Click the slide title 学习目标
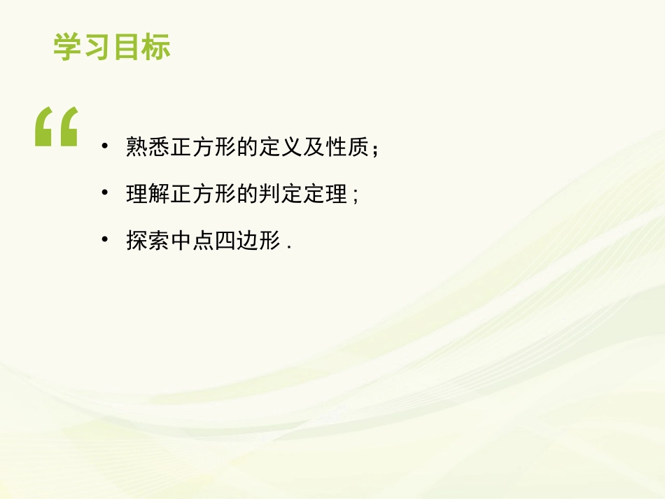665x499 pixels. (112, 48)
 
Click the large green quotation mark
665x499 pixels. (56, 127)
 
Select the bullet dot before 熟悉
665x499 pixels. (105, 146)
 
